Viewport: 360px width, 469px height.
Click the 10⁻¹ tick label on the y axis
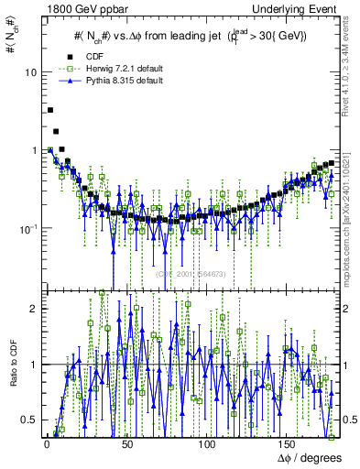tap(28, 228)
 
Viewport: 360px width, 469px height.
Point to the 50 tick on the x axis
tap(127, 444)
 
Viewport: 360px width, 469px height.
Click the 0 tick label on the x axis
tap(47, 444)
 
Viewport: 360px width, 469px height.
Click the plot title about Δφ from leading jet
tap(190, 36)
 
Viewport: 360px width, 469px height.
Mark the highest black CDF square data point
tap(49, 110)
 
